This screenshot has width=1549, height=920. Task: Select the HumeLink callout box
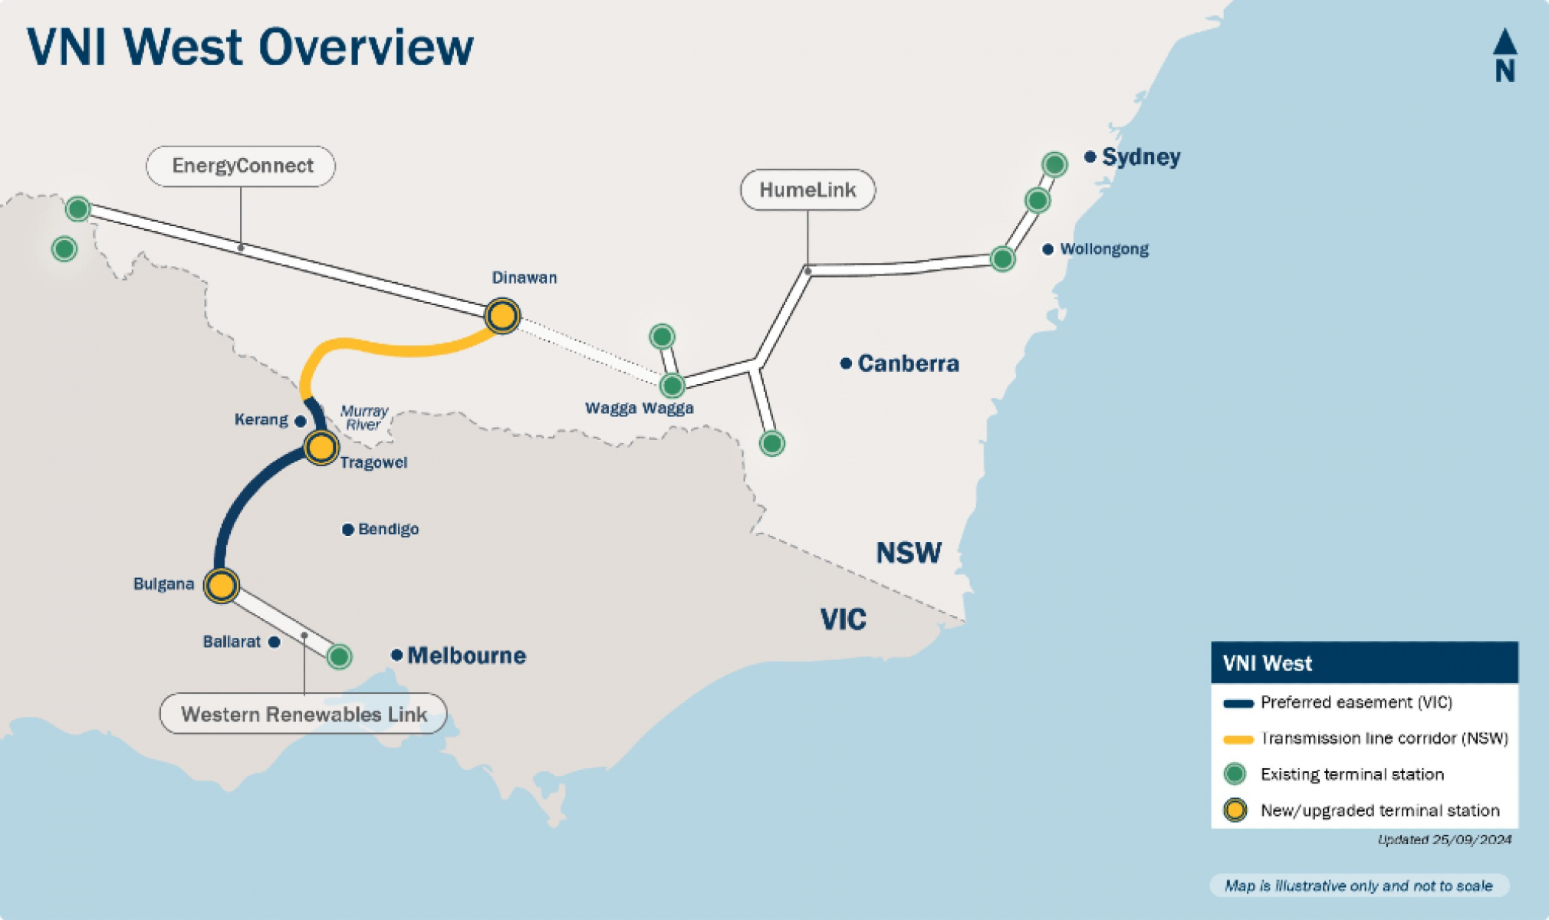(807, 190)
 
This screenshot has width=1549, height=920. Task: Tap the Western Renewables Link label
(304, 714)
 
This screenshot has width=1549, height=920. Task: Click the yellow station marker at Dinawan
(502, 316)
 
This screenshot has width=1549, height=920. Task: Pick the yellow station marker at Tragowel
(321, 447)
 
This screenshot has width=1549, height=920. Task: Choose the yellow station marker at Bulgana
(222, 586)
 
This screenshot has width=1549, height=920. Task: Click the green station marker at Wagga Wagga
(672, 385)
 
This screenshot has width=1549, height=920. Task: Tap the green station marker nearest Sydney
(1054, 164)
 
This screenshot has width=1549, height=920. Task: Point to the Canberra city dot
(846, 363)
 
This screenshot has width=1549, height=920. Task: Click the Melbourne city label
(466, 655)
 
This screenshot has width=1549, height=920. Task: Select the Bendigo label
(388, 529)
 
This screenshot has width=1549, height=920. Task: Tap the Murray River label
(363, 418)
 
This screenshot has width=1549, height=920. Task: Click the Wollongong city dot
(1047, 249)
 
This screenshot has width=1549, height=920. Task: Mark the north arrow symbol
(1505, 55)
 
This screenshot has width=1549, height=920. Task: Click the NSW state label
(909, 553)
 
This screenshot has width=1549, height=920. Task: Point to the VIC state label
(843, 619)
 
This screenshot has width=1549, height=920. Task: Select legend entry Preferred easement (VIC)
(1356, 702)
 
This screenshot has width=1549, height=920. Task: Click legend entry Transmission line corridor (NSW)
(1383, 738)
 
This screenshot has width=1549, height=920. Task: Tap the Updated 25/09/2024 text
(1444, 839)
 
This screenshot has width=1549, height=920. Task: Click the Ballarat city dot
(275, 642)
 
